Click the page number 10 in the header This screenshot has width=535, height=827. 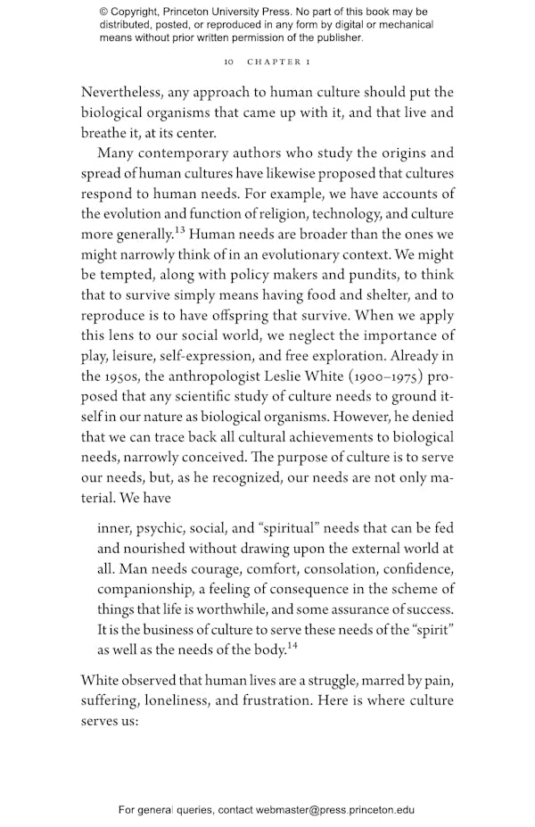(228, 63)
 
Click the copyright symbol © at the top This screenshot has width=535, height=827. (103, 12)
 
